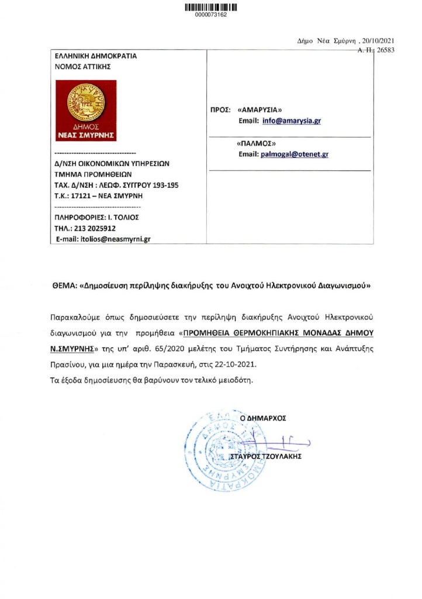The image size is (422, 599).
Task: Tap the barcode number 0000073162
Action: point(210,15)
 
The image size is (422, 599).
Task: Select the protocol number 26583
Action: point(386,51)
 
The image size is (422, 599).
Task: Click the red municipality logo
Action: point(85,111)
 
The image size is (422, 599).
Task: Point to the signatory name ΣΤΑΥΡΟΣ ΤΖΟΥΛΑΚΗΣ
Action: point(267,456)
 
